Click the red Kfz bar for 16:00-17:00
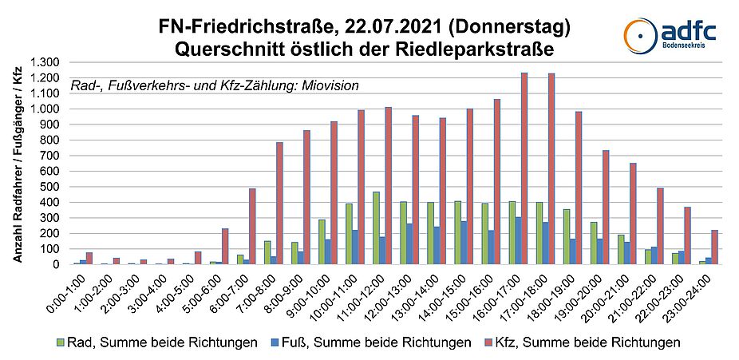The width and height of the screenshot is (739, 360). pyautogui.click(x=524, y=168)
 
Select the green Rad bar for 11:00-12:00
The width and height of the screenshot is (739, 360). pyautogui.click(x=375, y=227)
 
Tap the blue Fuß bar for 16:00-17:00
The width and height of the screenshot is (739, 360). pyautogui.click(x=517, y=240)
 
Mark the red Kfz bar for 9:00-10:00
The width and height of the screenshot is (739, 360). pyautogui.click(x=334, y=192)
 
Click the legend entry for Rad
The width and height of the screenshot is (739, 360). pyautogui.click(x=155, y=342)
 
